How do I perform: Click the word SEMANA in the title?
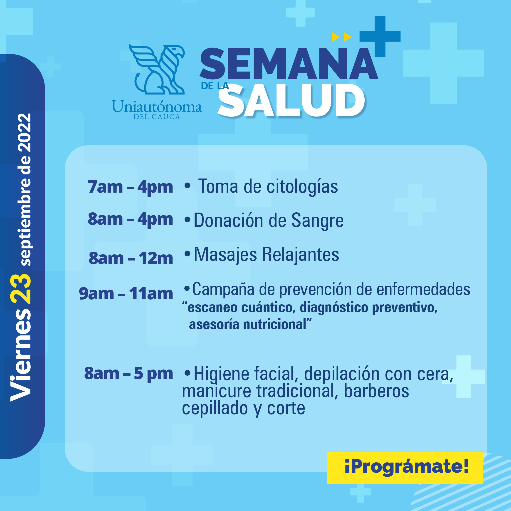point(289,64)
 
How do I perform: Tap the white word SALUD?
point(291,101)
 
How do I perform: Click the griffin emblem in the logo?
point(157,69)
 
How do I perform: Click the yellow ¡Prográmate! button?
point(405,468)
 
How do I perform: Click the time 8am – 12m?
point(131,258)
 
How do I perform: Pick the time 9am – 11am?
point(126,294)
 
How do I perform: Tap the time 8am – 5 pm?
point(128,374)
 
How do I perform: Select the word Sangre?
point(317,221)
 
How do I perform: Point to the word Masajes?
point(225,255)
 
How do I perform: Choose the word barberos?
point(376,391)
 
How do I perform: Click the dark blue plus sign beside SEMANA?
point(380,36)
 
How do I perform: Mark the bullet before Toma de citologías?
point(188,186)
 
